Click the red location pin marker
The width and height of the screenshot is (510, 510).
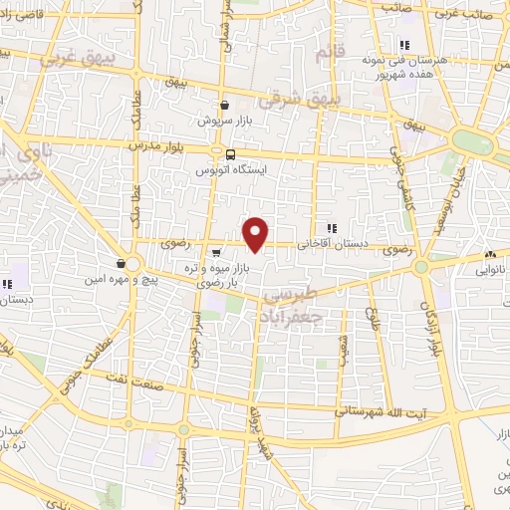pos(257,234)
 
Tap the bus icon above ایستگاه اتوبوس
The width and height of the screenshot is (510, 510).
pos(230,154)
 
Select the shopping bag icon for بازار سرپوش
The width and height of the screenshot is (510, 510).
pos(224,104)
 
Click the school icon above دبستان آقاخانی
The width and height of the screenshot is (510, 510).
pos(331,228)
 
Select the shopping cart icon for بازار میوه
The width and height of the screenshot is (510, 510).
pos(217,250)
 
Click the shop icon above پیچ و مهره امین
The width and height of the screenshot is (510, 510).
pos(122,264)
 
